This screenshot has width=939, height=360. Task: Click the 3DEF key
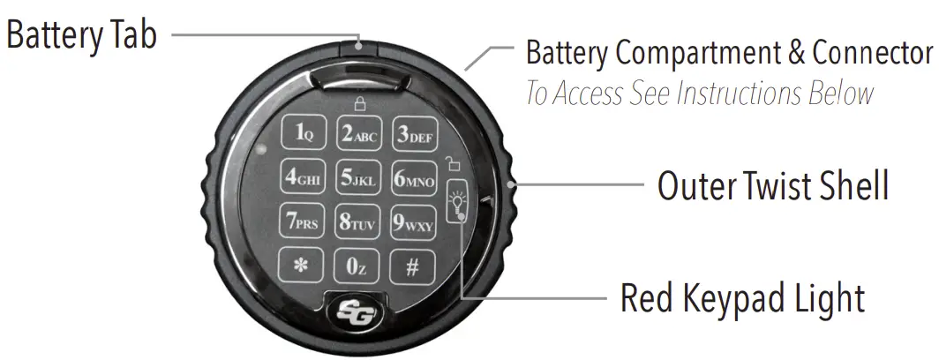click(413, 134)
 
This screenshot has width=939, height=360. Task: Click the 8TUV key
click(357, 223)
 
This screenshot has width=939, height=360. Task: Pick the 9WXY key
click(413, 223)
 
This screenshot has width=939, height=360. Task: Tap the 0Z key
click(357, 266)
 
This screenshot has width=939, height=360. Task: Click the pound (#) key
click(412, 266)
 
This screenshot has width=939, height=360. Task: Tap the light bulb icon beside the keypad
click(457, 201)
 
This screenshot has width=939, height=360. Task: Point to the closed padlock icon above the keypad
click(359, 103)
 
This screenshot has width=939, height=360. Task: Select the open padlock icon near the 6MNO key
click(453, 163)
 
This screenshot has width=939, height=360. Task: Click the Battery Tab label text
click(82, 36)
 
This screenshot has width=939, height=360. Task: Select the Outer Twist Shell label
click(773, 186)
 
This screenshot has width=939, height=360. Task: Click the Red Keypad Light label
click(742, 298)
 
